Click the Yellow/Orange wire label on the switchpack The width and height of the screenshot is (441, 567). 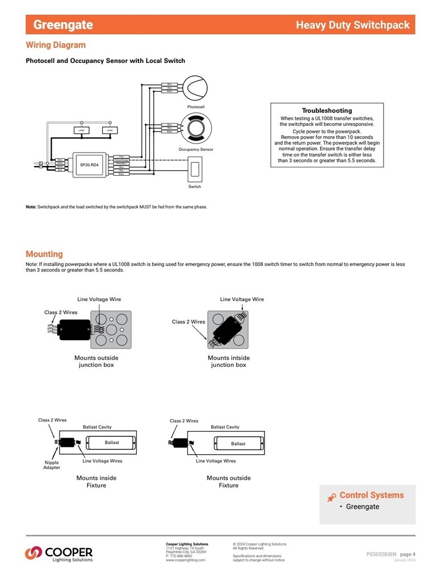coord(121,160)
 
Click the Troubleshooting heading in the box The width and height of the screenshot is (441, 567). coord(326,111)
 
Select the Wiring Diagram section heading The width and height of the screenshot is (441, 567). coord(56,45)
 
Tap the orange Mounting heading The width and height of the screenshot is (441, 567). coord(44,254)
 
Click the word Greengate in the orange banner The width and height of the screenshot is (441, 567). coord(63,25)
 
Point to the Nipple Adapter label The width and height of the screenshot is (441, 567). coord(52,465)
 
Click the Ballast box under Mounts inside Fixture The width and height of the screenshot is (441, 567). coord(112,443)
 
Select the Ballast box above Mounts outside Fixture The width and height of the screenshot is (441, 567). coord(238,443)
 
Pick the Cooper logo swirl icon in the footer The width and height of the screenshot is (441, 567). coord(33,551)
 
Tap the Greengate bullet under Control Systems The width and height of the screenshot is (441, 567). coord(362,506)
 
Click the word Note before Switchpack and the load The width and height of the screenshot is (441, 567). coord(31,207)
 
